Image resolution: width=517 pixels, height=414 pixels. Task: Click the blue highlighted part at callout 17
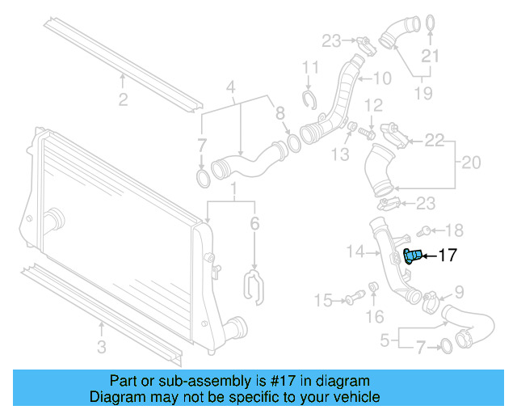[412, 256]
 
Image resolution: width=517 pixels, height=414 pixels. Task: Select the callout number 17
[448, 256]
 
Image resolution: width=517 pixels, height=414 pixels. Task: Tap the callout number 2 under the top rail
[123, 100]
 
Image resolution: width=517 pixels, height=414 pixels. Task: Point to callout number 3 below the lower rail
[101, 348]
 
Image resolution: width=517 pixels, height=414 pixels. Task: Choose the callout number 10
[380, 78]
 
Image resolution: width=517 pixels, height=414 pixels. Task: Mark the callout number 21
[429, 57]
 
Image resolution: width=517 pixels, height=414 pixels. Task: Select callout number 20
[470, 162]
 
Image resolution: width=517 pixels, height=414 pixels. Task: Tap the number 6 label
[254, 223]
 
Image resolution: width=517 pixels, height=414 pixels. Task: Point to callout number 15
[323, 302]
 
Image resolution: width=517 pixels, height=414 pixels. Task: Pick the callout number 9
[459, 292]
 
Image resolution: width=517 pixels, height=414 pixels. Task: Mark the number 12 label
[372, 105]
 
